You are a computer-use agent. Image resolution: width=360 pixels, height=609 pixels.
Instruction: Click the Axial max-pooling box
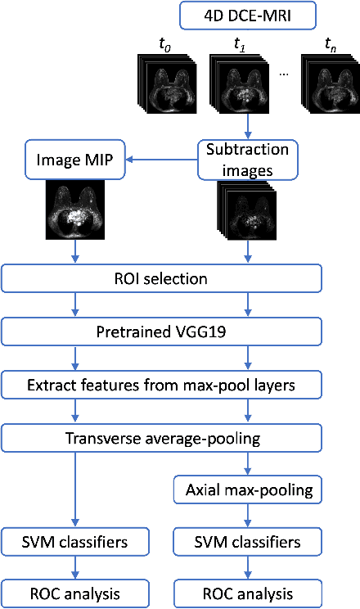click(247, 490)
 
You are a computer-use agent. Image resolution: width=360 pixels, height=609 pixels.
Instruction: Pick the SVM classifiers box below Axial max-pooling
click(247, 541)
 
